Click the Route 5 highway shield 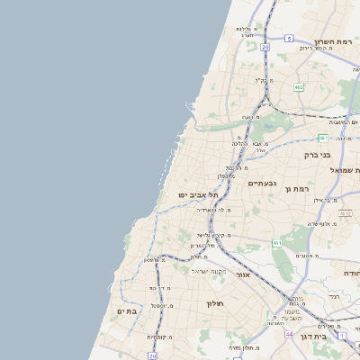(289, 39)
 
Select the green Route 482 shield (298, 86)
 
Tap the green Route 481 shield (322, 138)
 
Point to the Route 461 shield (277, 243)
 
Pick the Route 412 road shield (346, 213)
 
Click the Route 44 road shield (289, 334)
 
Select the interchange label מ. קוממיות (158, 337)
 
